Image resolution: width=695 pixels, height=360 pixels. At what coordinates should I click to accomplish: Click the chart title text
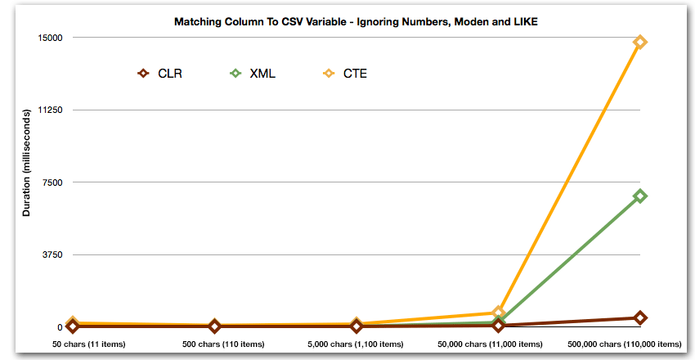click(356, 22)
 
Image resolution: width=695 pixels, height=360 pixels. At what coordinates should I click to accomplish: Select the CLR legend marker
click(143, 74)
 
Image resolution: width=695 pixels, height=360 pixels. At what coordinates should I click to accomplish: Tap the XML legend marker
click(236, 74)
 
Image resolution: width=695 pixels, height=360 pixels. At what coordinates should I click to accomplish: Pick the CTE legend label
click(355, 74)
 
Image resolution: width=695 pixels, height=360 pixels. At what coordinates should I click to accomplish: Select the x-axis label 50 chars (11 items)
click(89, 344)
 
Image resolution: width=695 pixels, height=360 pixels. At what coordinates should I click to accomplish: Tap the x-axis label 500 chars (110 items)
click(214, 344)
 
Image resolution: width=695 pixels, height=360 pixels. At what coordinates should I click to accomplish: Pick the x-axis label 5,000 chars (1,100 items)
click(356, 344)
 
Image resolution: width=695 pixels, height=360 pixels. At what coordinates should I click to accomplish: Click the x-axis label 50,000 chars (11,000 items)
click(498, 344)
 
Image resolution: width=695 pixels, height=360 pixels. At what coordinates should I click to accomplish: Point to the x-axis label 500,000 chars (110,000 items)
click(624, 344)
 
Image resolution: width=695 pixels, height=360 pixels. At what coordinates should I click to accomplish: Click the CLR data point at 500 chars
click(214, 326)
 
